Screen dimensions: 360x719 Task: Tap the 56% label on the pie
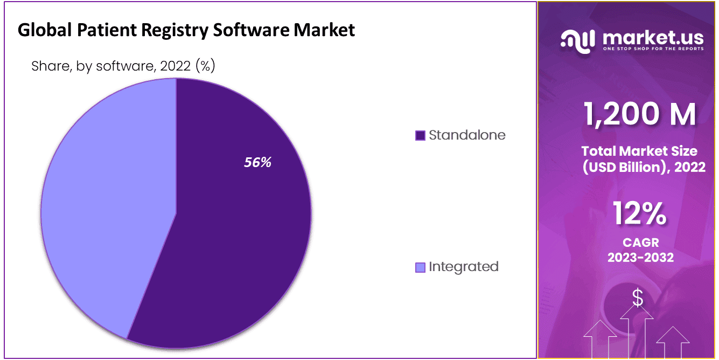coord(257,162)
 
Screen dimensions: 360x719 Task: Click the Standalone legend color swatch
coord(420,135)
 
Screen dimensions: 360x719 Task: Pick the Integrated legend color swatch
coord(420,267)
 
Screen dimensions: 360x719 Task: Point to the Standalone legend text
coord(467,135)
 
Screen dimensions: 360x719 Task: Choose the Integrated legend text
coord(463,267)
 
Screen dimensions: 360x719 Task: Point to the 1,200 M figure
coord(640,114)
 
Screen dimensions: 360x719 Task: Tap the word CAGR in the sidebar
coord(640,243)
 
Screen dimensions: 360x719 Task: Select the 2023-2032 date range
coord(640,258)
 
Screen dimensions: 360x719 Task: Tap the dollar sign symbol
coord(638,297)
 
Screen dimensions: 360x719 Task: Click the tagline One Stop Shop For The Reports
coord(653,49)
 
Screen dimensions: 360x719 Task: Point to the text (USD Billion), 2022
coord(644,167)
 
